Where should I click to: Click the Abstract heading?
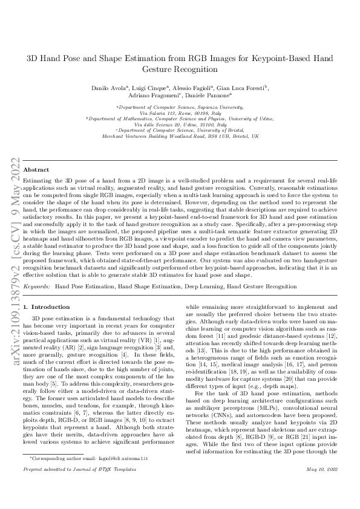[36, 170]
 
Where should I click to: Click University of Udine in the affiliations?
[249, 118]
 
